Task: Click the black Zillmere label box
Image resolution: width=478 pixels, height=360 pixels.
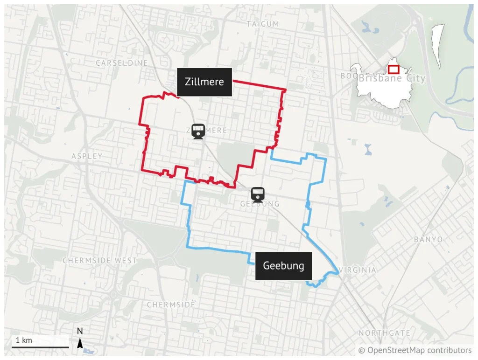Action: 204,82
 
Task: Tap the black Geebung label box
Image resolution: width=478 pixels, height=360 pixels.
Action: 283,266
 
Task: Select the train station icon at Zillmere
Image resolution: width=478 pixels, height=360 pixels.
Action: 198,131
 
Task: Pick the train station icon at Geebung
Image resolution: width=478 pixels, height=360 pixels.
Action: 258,194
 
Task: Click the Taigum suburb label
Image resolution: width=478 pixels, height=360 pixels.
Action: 263,24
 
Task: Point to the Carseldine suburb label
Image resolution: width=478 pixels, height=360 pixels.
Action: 122,62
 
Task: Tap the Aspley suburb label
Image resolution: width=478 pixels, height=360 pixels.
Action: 87,156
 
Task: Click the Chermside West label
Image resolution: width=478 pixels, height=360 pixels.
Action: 100,260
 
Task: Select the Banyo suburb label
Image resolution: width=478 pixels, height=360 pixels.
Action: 429,239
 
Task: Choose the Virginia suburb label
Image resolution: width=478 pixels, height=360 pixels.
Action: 358,270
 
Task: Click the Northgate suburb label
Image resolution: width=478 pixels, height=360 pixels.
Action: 385,333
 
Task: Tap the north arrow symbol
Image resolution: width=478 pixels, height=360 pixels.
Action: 80,344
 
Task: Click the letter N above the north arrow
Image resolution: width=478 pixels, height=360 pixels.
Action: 80,332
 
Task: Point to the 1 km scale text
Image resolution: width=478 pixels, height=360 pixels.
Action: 24,340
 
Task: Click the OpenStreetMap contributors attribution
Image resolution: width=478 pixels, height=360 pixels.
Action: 415,350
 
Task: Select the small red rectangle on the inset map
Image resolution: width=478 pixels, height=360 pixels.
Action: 393,69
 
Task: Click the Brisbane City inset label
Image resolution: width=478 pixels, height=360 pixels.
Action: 392,78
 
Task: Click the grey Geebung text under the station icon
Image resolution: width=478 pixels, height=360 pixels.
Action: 260,204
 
